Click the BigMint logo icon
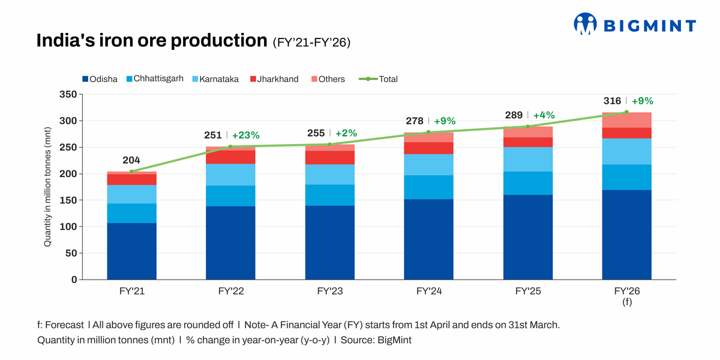[x=586, y=24]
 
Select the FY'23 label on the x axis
[x=329, y=292]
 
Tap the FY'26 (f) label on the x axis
[x=626, y=296]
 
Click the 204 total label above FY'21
[x=131, y=160]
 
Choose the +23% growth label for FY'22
[x=246, y=136]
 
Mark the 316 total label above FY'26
[x=612, y=101]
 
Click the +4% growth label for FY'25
[x=544, y=115]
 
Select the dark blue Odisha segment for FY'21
[x=131, y=251]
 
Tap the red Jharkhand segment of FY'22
[x=230, y=157]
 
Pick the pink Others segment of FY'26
[x=626, y=120]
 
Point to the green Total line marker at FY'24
[x=428, y=132]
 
